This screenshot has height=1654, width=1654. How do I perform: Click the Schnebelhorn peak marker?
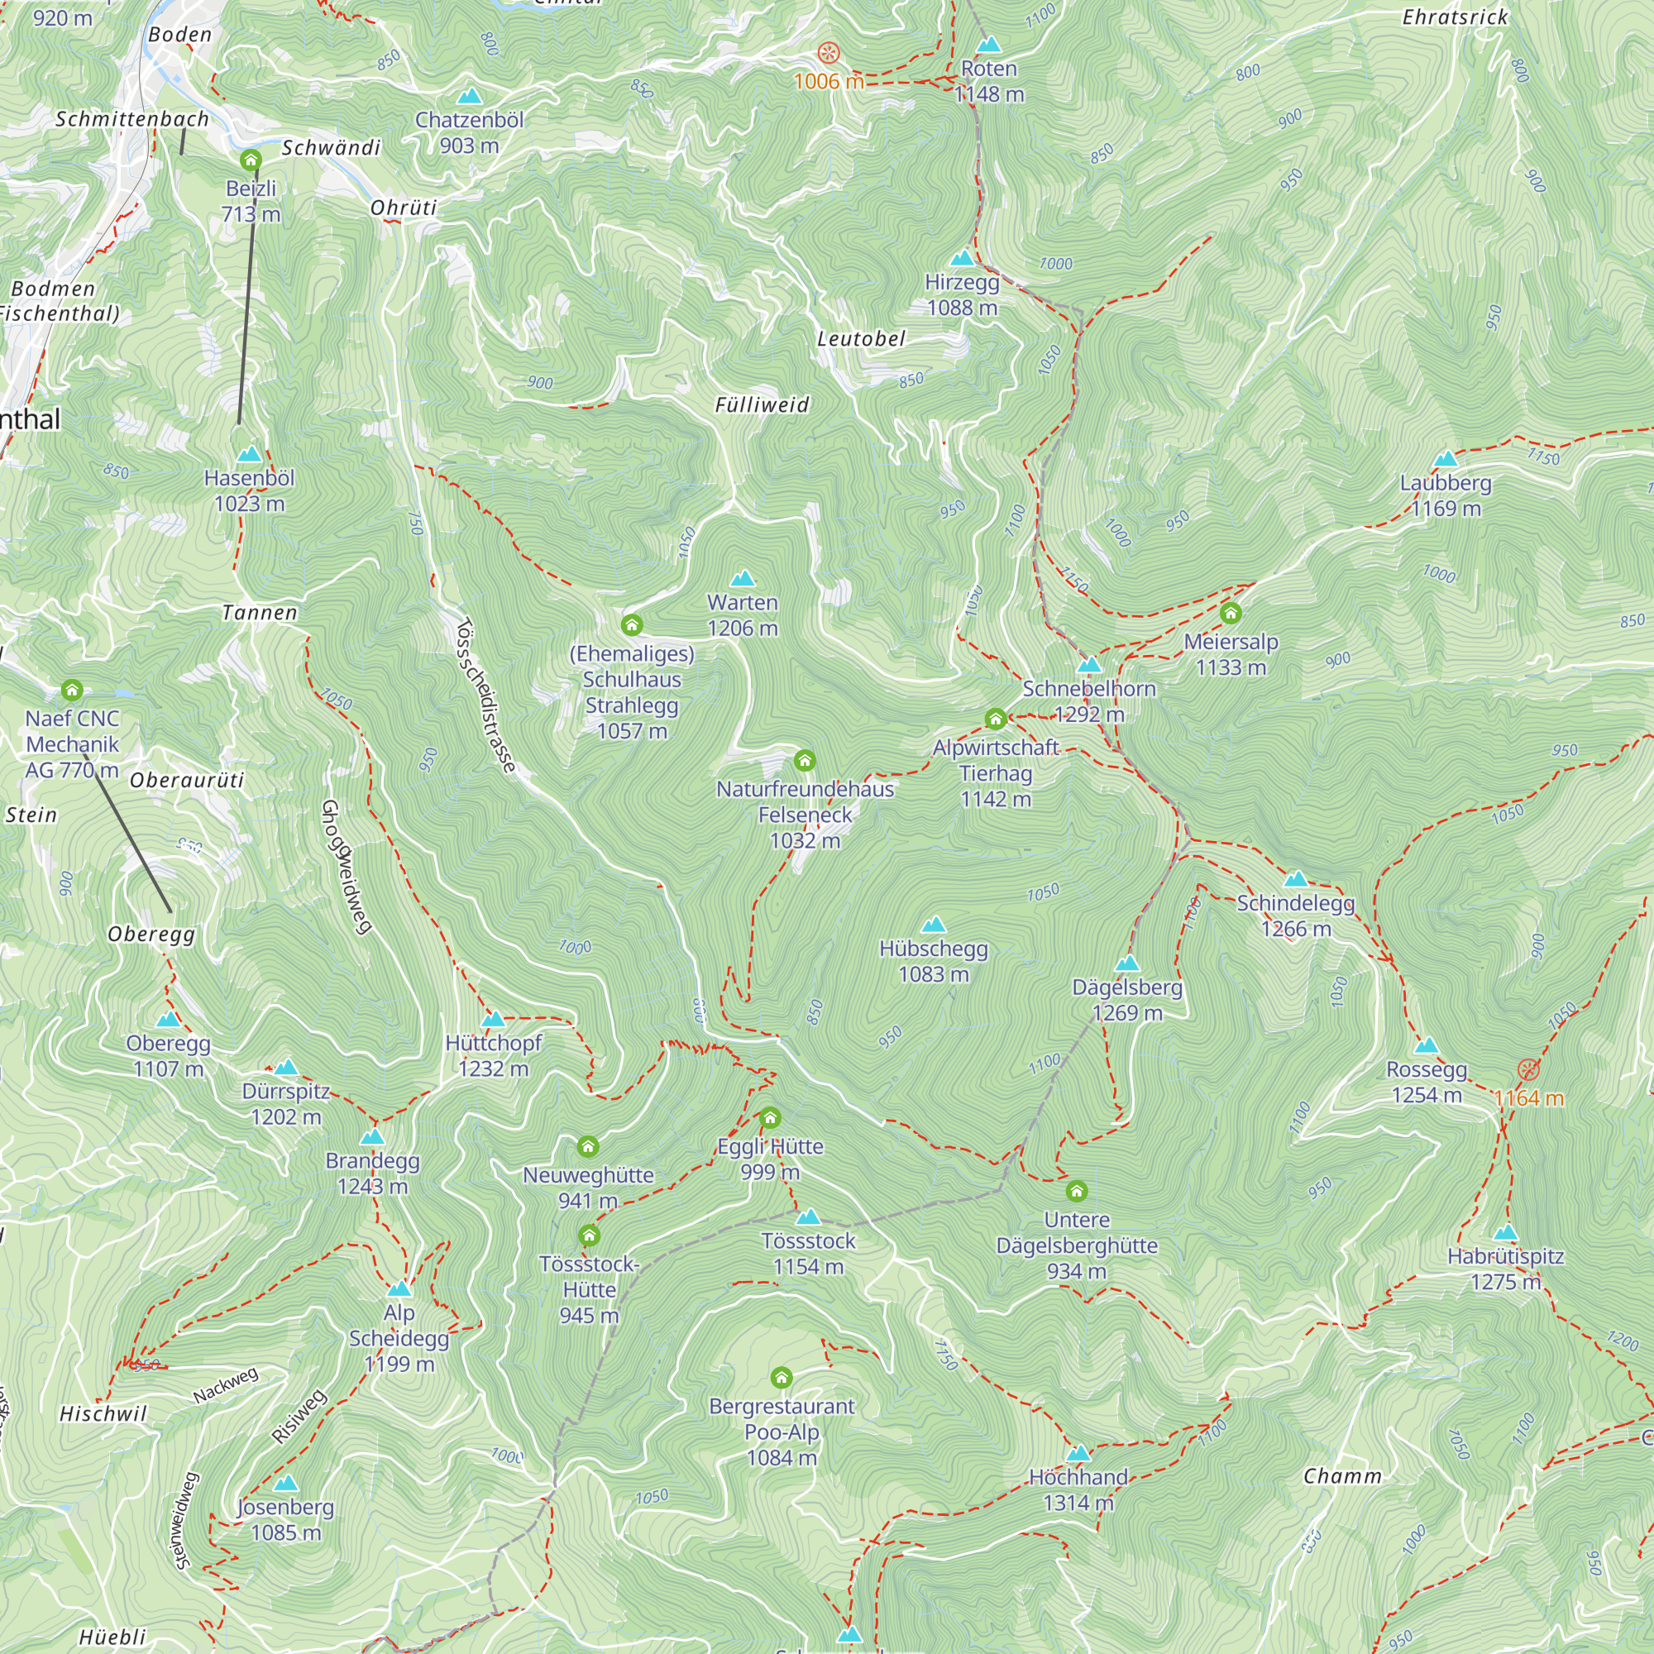[x=1089, y=665]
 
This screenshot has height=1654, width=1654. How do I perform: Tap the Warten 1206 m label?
[x=743, y=614]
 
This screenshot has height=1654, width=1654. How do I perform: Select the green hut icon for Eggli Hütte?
[x=770, y=1117]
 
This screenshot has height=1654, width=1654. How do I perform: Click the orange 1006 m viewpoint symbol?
[x=828, y=53]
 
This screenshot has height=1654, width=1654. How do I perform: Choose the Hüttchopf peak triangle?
[x=493, y=1019]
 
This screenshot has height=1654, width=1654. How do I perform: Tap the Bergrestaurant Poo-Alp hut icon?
[x=781, y=1378]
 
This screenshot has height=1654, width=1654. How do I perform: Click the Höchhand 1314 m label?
[x=1078, y=1489]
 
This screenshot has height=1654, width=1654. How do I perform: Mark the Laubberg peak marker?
[x=1445, y=460]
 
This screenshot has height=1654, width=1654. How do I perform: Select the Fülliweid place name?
[x=762, y=405]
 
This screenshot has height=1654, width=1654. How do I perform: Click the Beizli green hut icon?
[x=250, y=160]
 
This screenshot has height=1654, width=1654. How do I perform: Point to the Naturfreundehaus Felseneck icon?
[x=804, y=760]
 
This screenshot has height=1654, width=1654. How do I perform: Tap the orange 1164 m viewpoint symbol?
[x=1528, y=1070]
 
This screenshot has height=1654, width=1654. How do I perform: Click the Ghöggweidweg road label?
[x=346, y=867]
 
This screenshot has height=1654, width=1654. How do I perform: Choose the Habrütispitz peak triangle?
[x=1505, y=1233]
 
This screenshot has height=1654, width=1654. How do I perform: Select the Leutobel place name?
[x=860, y=339]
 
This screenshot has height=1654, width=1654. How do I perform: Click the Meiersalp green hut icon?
[x=1231, y=613]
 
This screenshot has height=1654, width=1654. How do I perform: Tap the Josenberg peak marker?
[x=286, y=1483]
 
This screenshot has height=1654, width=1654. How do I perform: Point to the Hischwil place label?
[x=103, y=1413]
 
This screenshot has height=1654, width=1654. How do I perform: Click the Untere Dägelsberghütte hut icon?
[x=1076, y=1191]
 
